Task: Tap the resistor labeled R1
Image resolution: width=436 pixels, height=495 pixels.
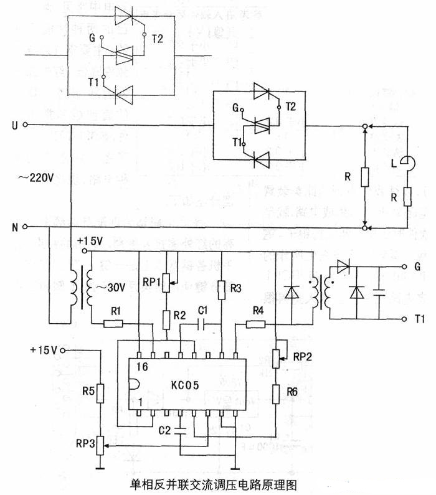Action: coord(113,324)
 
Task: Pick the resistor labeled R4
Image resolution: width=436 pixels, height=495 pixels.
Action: coord(255,324)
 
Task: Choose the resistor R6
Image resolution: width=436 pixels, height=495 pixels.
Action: coord(276,393)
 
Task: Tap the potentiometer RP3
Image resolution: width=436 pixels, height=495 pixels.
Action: coord(100,447)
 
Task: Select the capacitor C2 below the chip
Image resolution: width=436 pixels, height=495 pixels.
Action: coord(180,429)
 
